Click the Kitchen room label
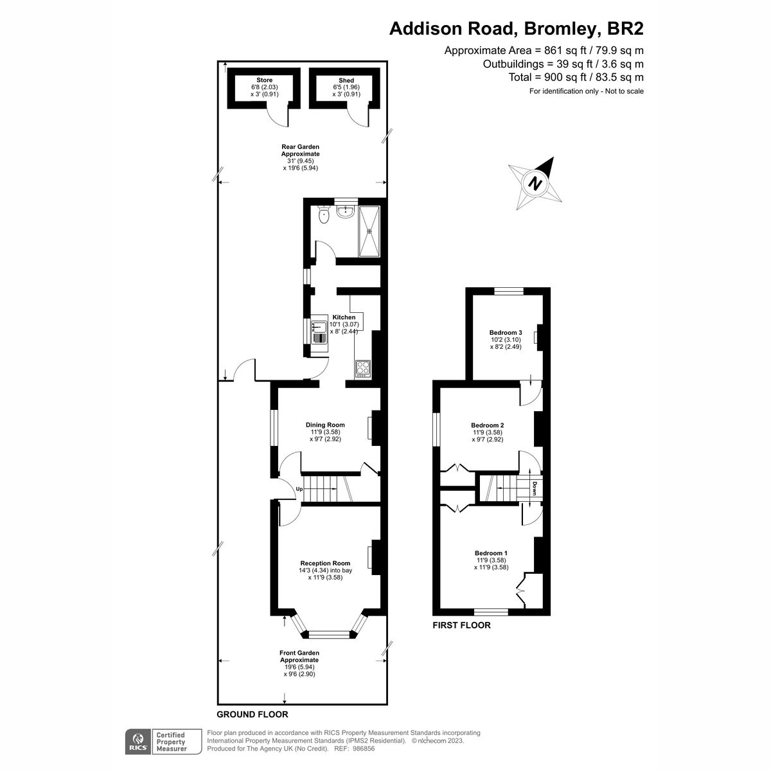(343, 317)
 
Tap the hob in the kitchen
(363, 368)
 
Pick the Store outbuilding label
(264, 80)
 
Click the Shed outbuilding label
(346, 80)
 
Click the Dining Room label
(325, 425)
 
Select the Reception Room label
(325, 563)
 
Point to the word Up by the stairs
(299, 490)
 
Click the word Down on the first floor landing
(535, 489)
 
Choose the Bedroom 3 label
(506, 332)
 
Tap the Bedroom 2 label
(488, 425)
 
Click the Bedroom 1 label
(492, 553)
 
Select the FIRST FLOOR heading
(461, 625)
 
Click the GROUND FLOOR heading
(252, 714)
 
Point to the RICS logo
(136, 741)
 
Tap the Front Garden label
(299, 653)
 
